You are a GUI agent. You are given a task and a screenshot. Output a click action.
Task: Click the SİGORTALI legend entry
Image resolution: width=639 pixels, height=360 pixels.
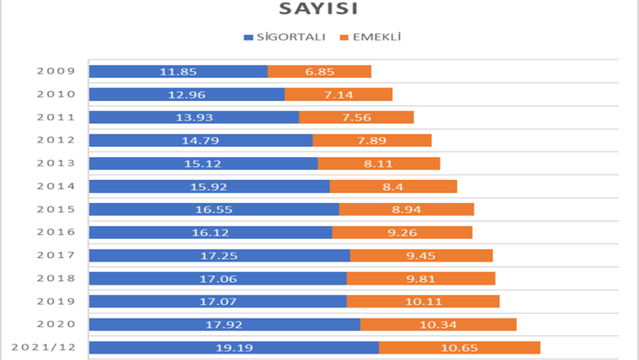287,36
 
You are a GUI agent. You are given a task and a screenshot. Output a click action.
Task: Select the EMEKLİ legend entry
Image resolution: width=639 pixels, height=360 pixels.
369,36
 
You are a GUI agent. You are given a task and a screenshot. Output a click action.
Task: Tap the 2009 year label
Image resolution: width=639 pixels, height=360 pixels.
57,72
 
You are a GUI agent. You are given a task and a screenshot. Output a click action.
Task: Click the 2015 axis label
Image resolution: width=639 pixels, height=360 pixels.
57,209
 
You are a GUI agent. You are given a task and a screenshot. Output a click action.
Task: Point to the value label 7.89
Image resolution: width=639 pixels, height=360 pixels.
371,140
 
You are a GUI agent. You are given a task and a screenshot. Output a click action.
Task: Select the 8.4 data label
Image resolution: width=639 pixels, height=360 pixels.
393,186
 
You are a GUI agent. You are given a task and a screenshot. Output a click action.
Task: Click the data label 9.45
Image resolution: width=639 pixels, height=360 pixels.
421,255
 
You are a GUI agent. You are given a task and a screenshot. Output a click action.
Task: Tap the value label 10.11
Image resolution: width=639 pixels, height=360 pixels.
423,301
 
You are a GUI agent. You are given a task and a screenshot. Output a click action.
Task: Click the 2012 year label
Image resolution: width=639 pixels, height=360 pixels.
57,140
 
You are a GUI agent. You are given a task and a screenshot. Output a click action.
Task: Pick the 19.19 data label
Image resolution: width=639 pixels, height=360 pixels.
234,348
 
